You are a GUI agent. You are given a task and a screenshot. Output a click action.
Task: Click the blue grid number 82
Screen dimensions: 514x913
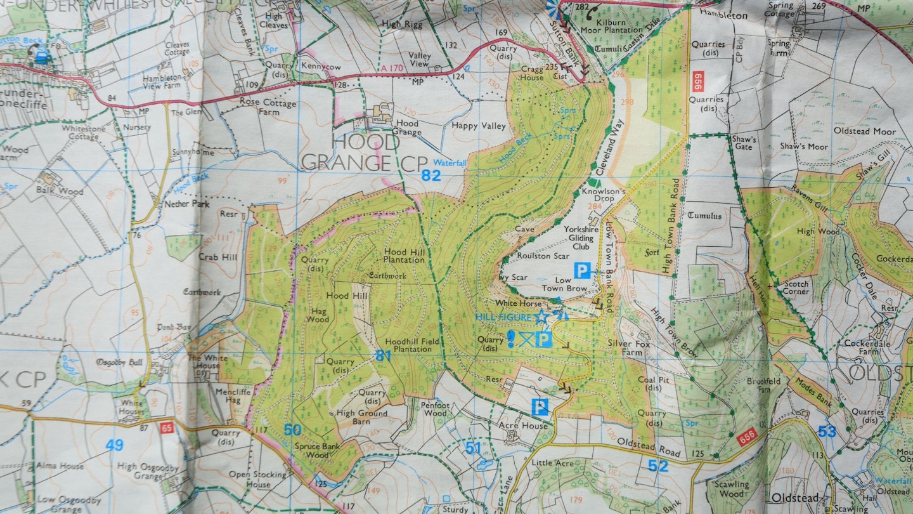pos(431,176)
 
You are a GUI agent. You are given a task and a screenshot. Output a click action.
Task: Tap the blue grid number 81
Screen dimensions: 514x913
pos(383,356)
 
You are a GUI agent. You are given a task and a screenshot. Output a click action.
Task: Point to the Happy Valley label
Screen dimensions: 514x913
pos(479,126)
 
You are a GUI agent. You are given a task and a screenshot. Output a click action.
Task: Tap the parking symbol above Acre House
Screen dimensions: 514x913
pos(540,407)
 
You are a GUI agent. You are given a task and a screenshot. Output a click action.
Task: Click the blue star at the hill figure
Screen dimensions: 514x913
pos(541,316)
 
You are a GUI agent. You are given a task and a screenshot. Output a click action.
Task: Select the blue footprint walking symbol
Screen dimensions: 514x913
pos(511,338)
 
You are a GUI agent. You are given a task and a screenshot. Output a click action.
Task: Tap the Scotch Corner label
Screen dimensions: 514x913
pos(796,287)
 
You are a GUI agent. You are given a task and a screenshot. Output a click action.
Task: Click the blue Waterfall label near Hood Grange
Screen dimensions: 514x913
pos(450,163)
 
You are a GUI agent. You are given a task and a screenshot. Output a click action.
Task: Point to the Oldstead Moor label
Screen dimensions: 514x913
pos(864,131)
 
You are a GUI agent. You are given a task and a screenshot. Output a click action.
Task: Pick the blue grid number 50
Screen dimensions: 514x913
pos(292,430)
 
